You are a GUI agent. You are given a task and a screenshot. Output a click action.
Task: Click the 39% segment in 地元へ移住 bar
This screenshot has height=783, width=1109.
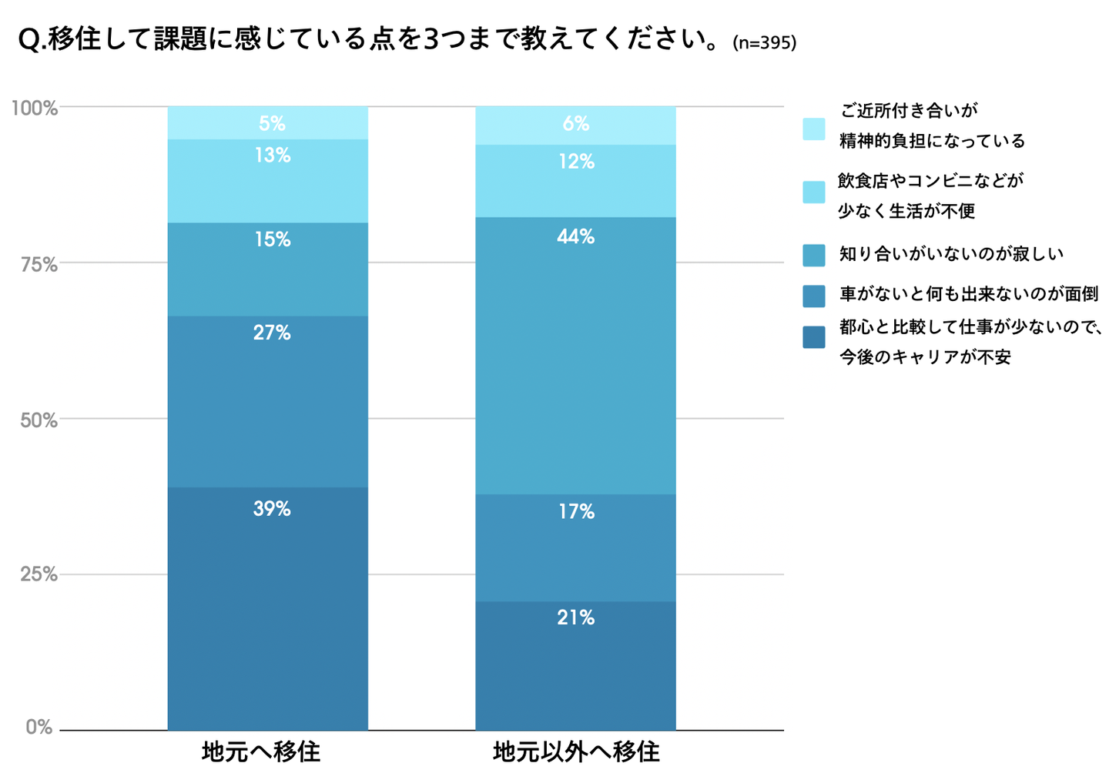pos(267,608)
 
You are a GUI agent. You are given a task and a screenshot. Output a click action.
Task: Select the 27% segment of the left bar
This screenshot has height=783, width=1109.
pos(267,401)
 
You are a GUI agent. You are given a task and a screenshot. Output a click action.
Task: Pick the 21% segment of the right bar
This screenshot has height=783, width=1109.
pos(575,665)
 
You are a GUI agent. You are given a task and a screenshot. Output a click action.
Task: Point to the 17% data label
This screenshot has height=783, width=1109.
pos(576,512)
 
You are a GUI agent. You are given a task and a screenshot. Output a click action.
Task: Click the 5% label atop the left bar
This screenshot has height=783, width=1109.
pos(272,123)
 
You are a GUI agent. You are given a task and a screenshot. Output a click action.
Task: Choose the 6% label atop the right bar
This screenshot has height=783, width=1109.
pos(576,123)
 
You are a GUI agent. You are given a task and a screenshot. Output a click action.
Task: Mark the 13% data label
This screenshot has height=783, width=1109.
pos(272,156)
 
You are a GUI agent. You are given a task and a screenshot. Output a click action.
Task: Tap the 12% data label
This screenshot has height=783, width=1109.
pos(576,162)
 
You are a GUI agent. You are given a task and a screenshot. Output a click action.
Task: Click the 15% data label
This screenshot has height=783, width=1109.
pos(272,239)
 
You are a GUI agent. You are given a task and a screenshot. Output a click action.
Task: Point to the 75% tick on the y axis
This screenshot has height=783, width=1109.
pos(39,265)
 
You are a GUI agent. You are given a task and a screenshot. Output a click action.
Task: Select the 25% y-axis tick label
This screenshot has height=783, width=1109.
pos(39,574)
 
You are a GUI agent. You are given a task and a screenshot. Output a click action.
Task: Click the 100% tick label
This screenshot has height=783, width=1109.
pos(35,109)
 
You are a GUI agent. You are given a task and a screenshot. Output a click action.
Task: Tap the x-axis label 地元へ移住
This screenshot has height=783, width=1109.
pos(260,751)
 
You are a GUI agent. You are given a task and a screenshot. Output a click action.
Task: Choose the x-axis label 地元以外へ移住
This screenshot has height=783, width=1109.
pos(576,751)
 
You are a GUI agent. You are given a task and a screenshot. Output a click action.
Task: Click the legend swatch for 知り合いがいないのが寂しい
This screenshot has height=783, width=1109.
pos(813,255)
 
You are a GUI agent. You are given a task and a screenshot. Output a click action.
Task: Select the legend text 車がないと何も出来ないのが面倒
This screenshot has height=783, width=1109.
pos(969,294)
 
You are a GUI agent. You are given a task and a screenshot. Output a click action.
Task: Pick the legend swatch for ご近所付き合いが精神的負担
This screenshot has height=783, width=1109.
pos(813,129)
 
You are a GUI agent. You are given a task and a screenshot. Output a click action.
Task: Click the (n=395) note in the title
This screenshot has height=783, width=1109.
pos(764,43)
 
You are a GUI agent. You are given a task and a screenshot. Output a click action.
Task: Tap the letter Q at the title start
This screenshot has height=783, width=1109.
pos(29,40)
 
